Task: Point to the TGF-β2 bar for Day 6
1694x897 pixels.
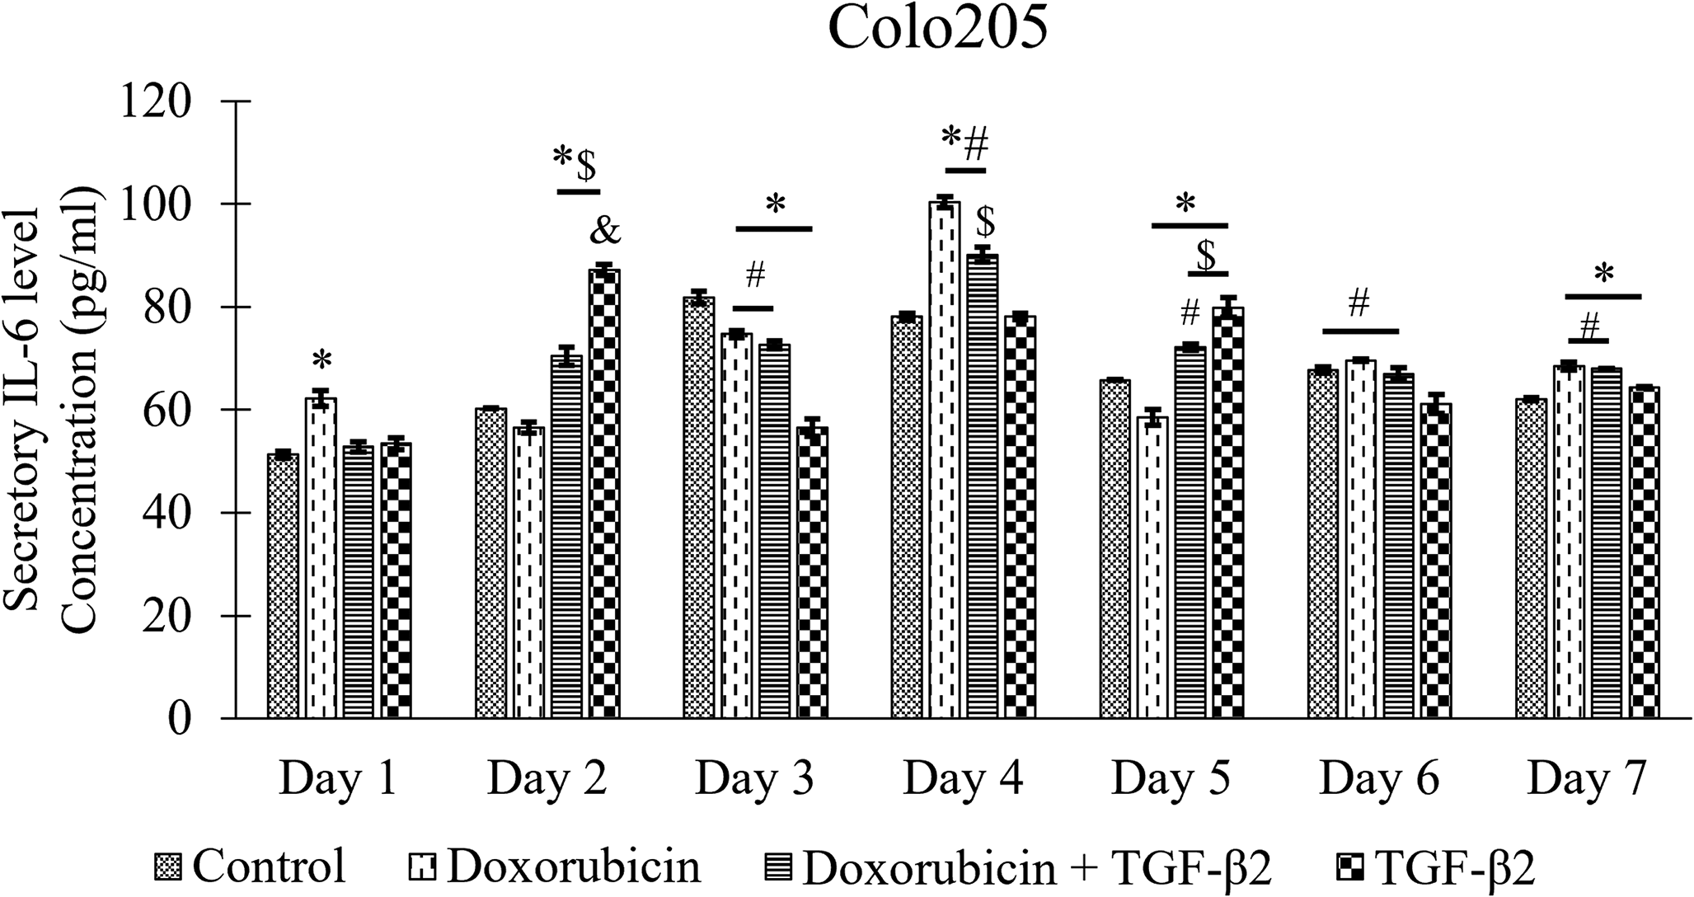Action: click(x=1435, y=561)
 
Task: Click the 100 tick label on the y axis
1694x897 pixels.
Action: click(x=157, y=204)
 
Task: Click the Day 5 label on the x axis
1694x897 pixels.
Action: click(x=1171, y=779)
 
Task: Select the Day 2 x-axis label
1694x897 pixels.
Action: click(x=547, y=779)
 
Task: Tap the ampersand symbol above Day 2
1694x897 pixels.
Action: click(x=604, y=232)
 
